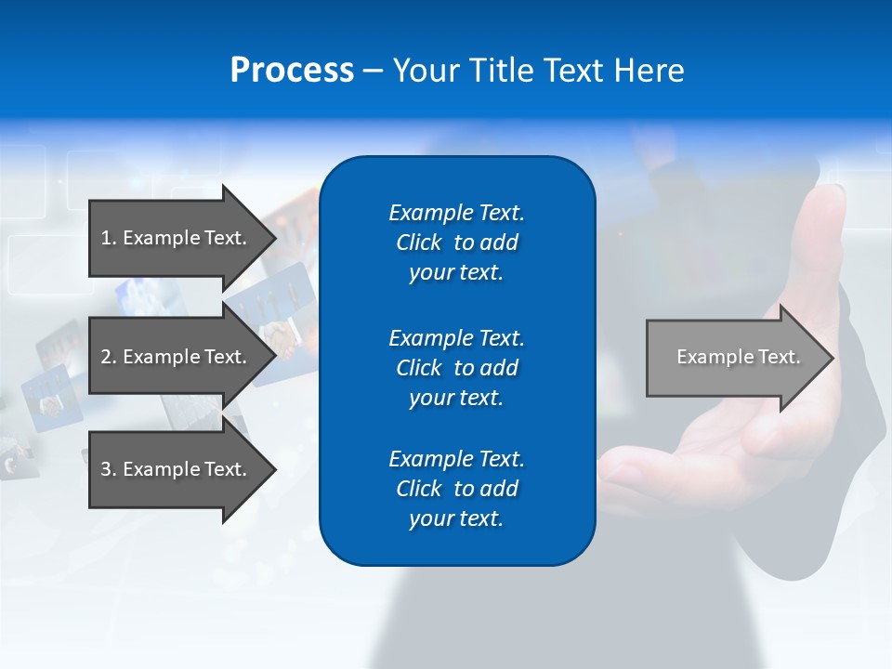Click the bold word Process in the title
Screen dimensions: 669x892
coord(292,71)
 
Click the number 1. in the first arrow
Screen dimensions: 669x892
coord(108,238)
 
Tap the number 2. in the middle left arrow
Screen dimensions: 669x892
coord(108,357)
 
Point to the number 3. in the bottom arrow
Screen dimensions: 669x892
coord(108,469)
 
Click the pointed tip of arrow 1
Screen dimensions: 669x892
coord(272,238)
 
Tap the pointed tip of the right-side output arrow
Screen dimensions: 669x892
coord(831,358)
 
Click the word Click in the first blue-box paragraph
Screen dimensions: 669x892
coord(419,243)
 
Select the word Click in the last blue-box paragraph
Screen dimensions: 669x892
coord(419,489)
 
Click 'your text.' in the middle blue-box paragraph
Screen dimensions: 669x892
coord(456,398)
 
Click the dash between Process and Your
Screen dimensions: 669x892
coord(374,71)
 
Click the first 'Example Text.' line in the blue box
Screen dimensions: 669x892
coord(456,213)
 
